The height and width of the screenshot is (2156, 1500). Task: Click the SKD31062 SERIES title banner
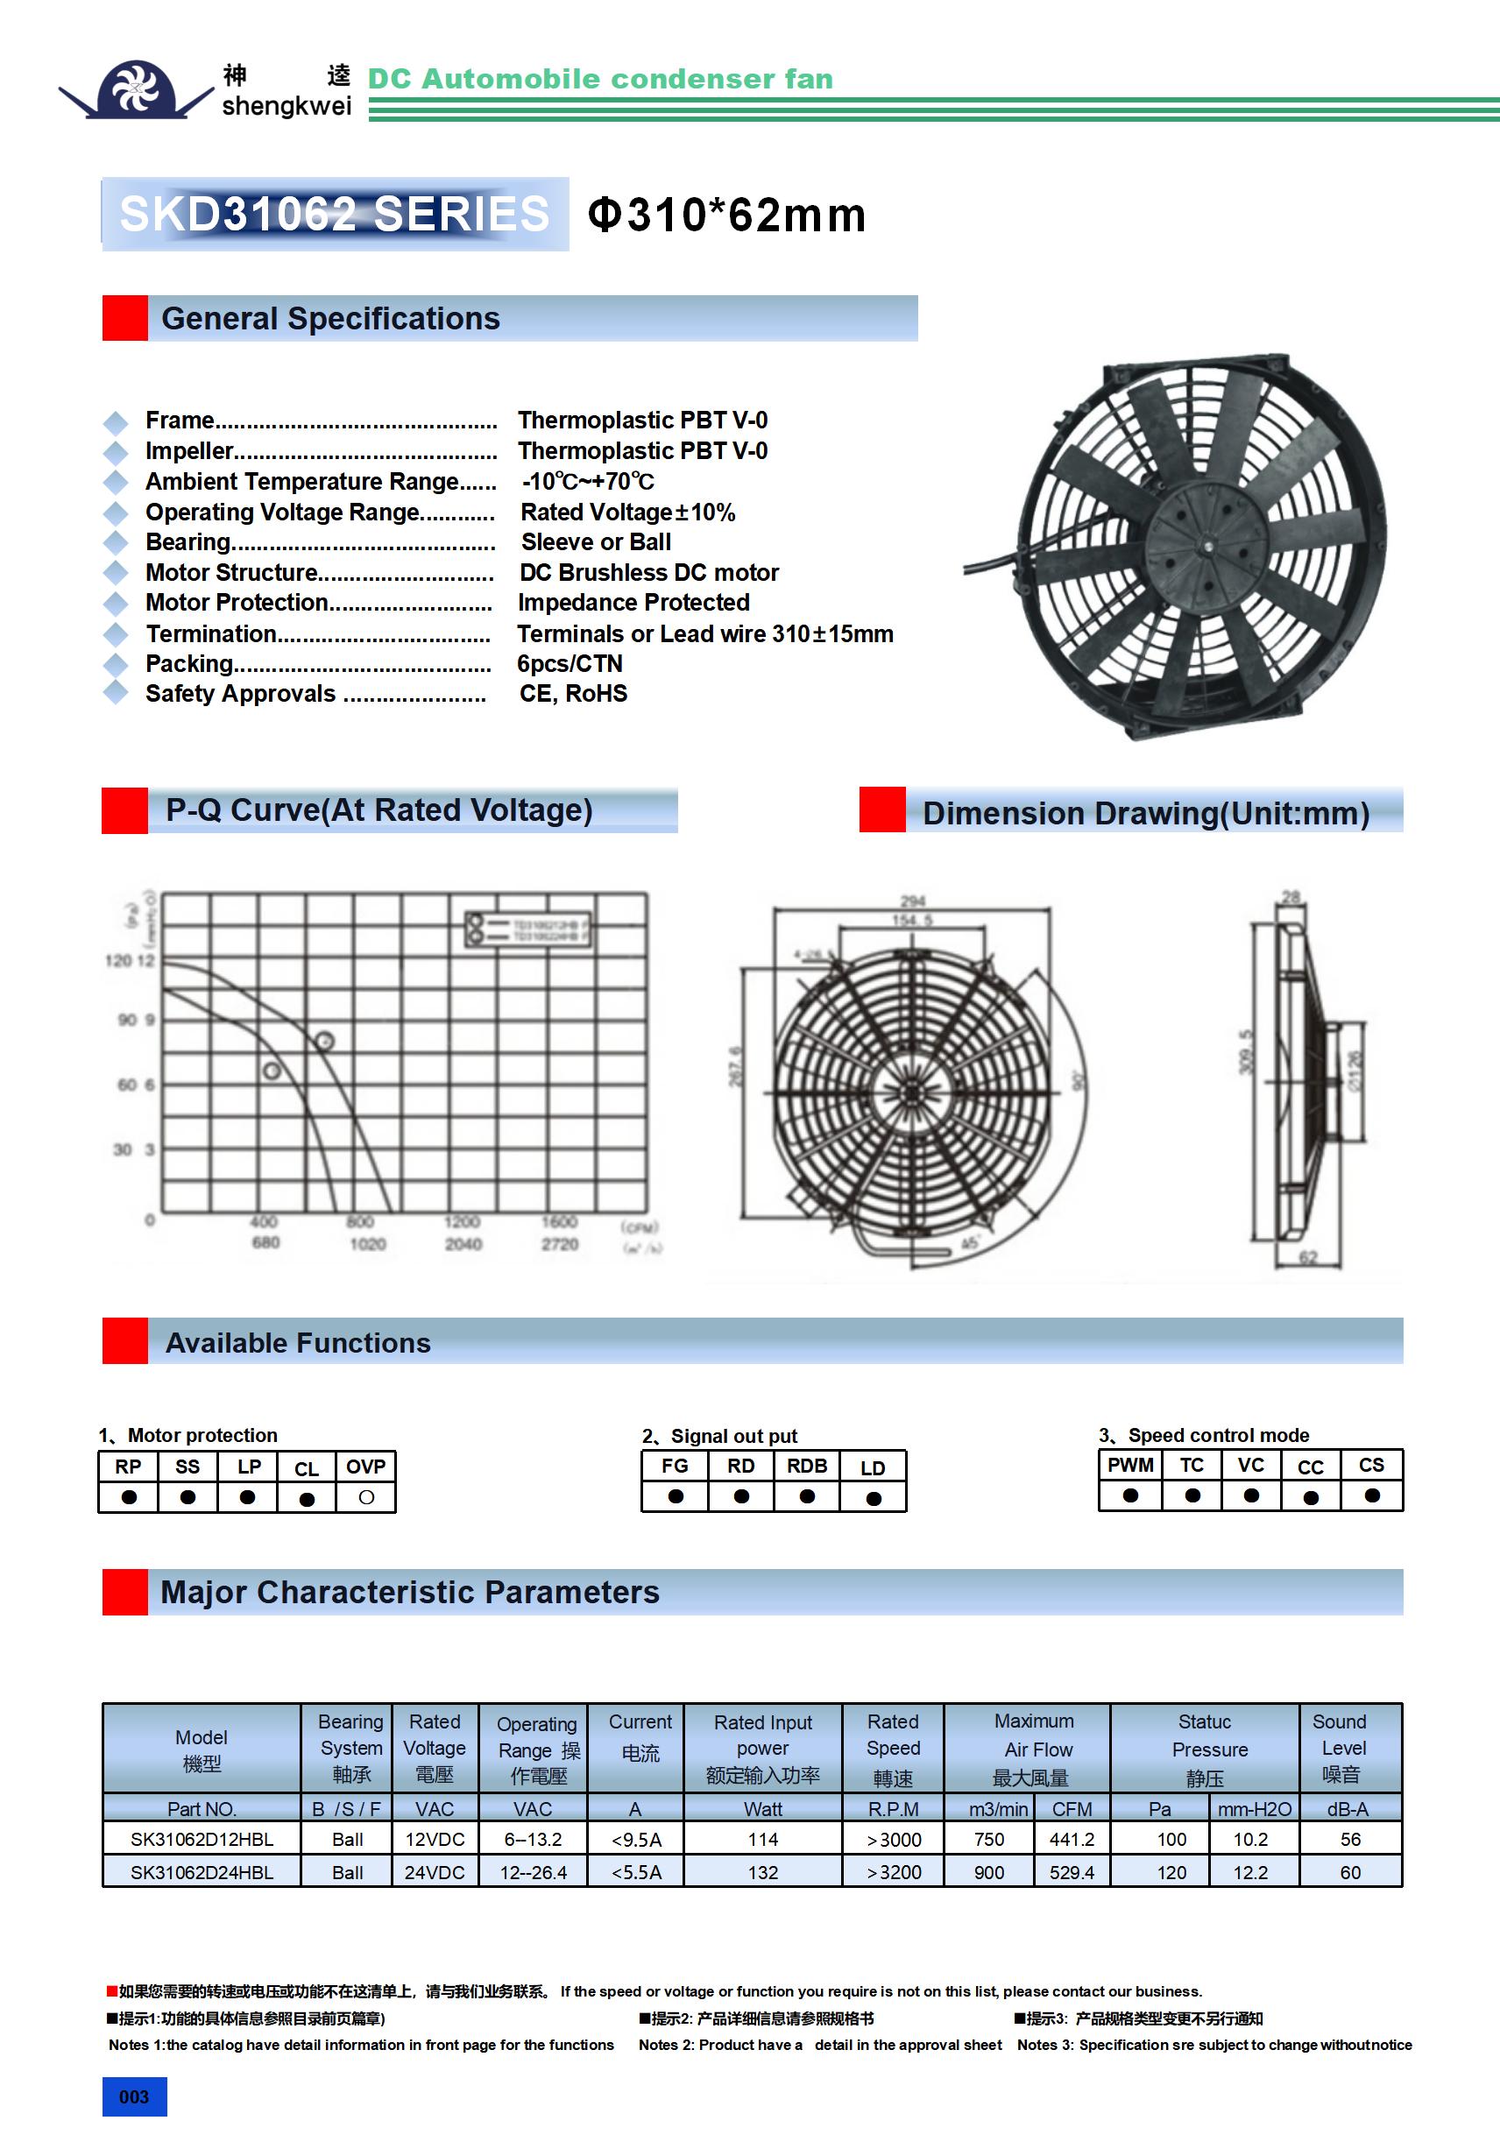tap(335, 214)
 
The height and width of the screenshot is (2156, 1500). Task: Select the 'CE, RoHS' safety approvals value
tap(573, 694)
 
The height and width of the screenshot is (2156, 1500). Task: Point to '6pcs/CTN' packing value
tap(570, 664)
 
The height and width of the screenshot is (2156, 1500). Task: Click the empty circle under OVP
tap(366, 1498)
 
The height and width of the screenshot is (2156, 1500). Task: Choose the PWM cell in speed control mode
tap(1130, 1466)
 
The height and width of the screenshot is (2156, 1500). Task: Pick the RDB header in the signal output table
tap(807, 1467)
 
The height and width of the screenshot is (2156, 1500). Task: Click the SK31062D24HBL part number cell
tap(202, 1872)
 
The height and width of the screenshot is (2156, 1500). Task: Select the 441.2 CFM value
tap(1072, 1840)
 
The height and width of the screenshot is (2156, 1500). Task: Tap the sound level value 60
tap(1349, 1872)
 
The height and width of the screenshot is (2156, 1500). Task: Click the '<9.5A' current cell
tap(636, 1840)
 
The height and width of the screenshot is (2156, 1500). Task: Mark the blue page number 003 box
tap(134, 2096)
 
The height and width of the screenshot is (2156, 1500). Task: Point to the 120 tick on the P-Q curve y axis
tap(117, 961)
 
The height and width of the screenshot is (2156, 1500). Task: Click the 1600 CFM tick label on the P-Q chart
tap(559, 1221)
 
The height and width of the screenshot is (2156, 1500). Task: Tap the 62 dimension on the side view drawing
tap(1307, 1257)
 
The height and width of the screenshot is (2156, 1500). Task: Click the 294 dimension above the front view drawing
tap(912, 901)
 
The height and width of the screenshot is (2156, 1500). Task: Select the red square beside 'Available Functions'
tap(125, 1341)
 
